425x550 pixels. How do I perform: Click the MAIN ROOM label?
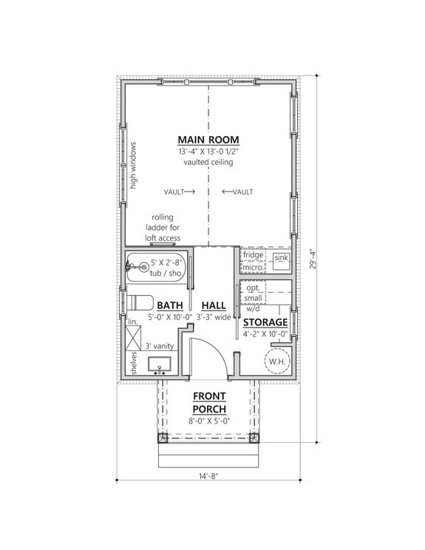(x=207, y=140)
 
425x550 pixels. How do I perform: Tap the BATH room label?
(x=169, y=305)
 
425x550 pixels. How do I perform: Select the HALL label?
(x=213, y=305)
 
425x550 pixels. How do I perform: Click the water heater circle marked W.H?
(x=278, y=361)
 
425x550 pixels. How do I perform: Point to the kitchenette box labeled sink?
(x=281, y=258)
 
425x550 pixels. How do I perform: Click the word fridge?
(x=254, y=254)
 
